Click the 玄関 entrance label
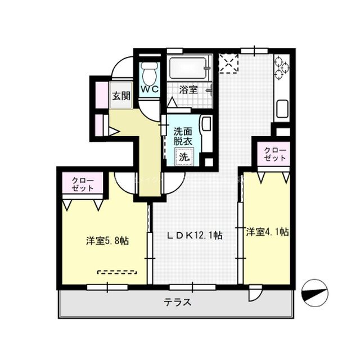120,96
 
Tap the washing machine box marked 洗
184,157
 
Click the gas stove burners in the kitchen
282,69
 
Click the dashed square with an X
229,64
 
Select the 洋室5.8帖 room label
107,241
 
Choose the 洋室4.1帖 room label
267,231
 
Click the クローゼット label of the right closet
274,154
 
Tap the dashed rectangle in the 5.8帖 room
117,272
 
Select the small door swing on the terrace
255,294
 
